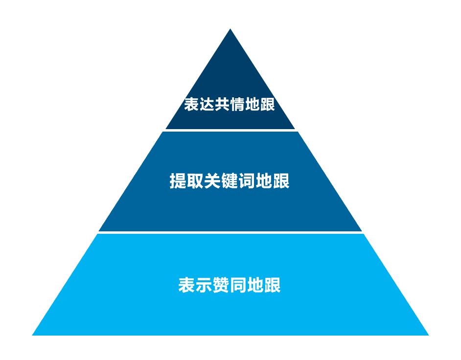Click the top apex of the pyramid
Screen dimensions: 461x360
tap(230, 29)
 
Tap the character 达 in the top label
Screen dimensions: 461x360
tap(207, 104)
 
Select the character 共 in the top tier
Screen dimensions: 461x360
tap(222, 104)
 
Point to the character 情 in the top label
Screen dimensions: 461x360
tap(237, 104)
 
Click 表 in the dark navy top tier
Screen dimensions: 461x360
tap(192, 104)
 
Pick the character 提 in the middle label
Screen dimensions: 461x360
tap(178, 180)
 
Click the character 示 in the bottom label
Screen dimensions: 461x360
tap(204, 285)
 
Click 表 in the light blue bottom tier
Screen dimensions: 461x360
tap(187, 285)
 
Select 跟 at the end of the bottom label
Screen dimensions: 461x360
tap(272, 285)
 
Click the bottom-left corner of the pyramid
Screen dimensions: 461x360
tap(32, 335)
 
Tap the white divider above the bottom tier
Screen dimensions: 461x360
tap(230, 232)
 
